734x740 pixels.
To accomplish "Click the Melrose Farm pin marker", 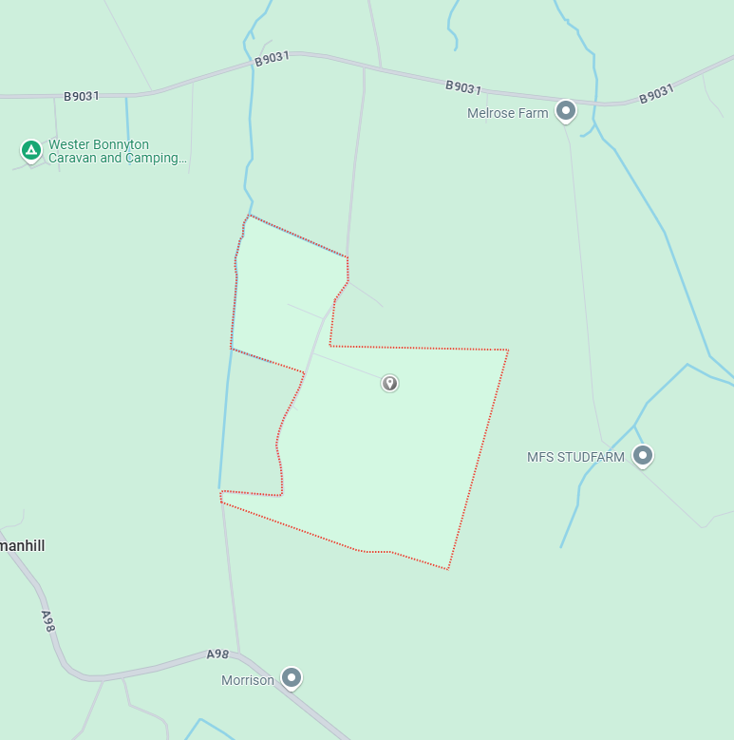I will click(566, 111).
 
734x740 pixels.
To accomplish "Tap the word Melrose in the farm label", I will click(491, 113).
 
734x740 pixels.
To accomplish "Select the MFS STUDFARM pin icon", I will click(643, 456).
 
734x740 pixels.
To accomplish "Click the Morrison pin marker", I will click(292, 677).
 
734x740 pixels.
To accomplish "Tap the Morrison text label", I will click(248, 680).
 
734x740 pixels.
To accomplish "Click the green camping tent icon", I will click(31, 149).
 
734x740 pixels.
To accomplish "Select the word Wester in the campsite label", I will click(68, 145).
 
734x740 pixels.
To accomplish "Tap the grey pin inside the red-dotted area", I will click(389, 383).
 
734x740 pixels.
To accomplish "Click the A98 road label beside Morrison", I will click(218, 655).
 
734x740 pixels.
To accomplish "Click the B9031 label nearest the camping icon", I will click(82, 96).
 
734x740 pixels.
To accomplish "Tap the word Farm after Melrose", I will click(534, 113).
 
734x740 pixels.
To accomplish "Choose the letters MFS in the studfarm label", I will click(539, 457).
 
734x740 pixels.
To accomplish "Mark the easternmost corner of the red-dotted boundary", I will click(508, 351).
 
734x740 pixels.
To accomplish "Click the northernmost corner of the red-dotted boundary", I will click(249, 215).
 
